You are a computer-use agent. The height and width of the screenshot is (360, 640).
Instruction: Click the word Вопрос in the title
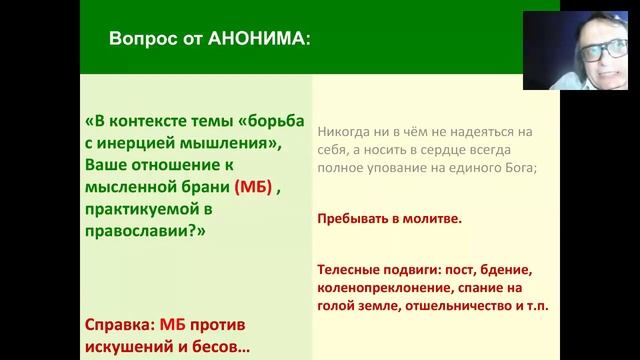[x=140, y=41]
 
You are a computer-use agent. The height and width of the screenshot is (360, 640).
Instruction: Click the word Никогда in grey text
[x=346, y=130]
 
